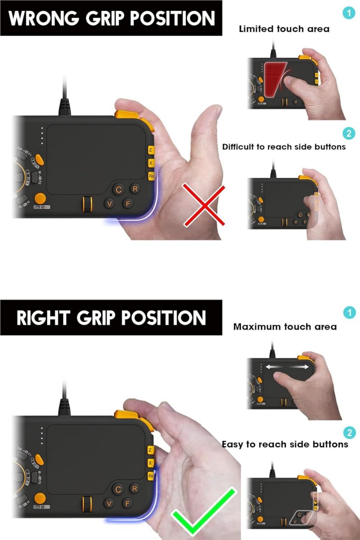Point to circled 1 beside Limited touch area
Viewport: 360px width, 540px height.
(348, 13)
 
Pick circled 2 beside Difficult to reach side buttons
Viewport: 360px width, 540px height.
(348, 134)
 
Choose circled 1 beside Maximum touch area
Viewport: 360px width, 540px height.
(349, 313)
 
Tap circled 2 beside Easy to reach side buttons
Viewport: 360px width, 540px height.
(349, 432)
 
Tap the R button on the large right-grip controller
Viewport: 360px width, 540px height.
(134, 488)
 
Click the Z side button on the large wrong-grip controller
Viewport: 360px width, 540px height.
(150, 150)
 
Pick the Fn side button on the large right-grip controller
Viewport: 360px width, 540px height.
(151, 476)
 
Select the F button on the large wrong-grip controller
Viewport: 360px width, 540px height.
(127, 203)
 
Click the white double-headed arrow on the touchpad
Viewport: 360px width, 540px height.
(287, 367)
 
